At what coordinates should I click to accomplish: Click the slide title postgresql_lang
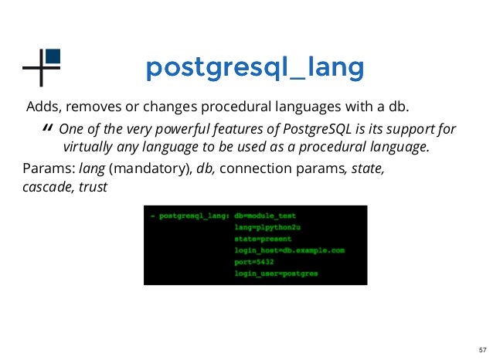[x=254, y=69]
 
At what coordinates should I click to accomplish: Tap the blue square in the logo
[x=53, y=56]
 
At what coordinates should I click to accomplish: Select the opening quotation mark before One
[x=48, y=129]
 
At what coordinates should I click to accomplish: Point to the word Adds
[x=42, y=107]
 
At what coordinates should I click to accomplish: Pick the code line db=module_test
[x=265, y=216]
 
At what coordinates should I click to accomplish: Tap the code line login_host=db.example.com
[x=289, y=251]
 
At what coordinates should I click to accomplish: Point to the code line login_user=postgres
[x=276, y=273]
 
